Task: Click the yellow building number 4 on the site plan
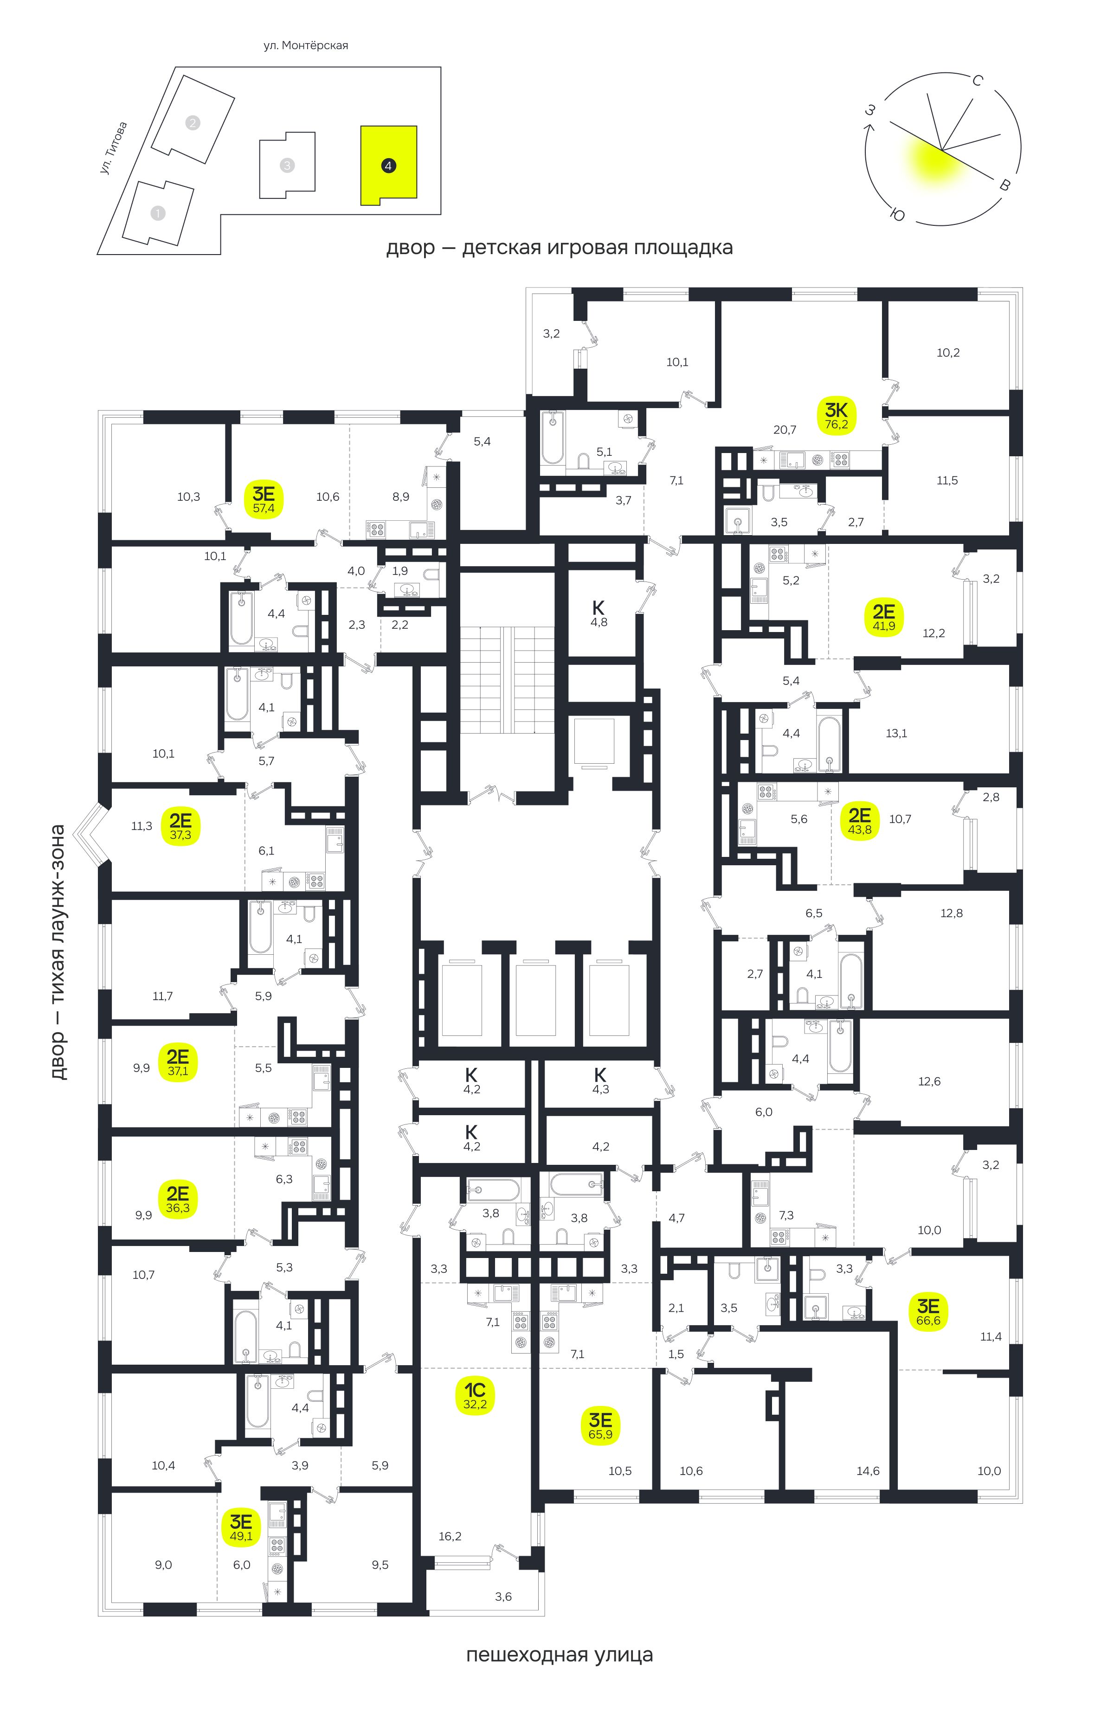[x=388, y=165]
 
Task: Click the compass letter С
[x=977, y=80]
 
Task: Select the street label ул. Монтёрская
[x=305, y=45]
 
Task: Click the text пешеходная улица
[x=559, y=1669]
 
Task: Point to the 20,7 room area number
[x=784, y=429]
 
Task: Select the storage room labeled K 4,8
[x=599, y=613]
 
